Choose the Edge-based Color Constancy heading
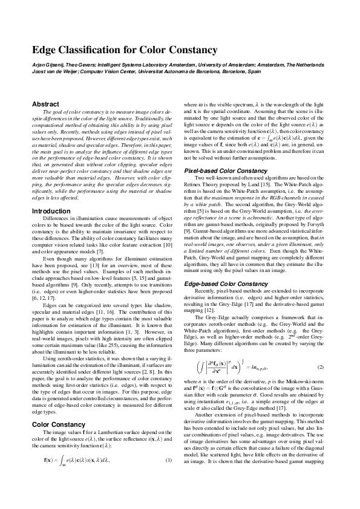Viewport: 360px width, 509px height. click(221, 267)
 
